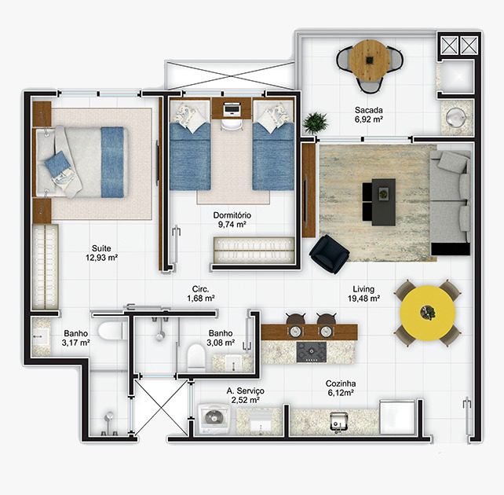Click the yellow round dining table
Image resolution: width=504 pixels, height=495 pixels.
pyautogui.click(x=428, y=313)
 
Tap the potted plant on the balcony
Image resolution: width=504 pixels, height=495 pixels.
pyautogui.click(x=316, y=123)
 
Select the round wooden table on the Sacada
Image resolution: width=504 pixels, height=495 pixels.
pyautogui.click(x=369, y=60)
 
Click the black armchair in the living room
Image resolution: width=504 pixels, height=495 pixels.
pyautogui.click(x=329, y=254)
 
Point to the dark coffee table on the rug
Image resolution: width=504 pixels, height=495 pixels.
pyautogui.click(x=383, y=202)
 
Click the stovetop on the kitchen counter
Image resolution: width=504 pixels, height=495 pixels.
pyautogui.click(x=312, y=352)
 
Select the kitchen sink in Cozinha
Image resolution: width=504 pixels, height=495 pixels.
pyautogui.click(x=338, y=422)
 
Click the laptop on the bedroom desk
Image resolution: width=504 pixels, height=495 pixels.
pyautogui.click(x=232, y=108)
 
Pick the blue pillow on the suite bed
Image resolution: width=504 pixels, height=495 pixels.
pyautogui.click(x=57, y=163)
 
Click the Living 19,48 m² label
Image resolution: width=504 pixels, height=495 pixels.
pyautogui.click(x=363, y=294)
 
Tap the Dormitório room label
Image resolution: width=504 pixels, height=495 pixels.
pyautogui.click(x=232, y=215)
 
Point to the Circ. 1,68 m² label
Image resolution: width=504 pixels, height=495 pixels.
pyautogui.click(x=201, y=294)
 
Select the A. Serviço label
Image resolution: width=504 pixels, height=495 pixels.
pyautogui.click(x=245, y=390)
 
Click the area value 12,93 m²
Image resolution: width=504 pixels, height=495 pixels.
pyautogui.click(x=101, y=258)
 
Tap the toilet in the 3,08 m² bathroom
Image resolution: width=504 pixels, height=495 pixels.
pyautogui.click(x=195, y=357)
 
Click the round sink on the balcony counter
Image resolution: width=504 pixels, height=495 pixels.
pyautogui.click(x=456, y=117)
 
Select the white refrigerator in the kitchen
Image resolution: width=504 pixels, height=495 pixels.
pyautogui.click(x=397, y=417)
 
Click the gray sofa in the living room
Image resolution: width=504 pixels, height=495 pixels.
pyautogui.click(x=451, y=200)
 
